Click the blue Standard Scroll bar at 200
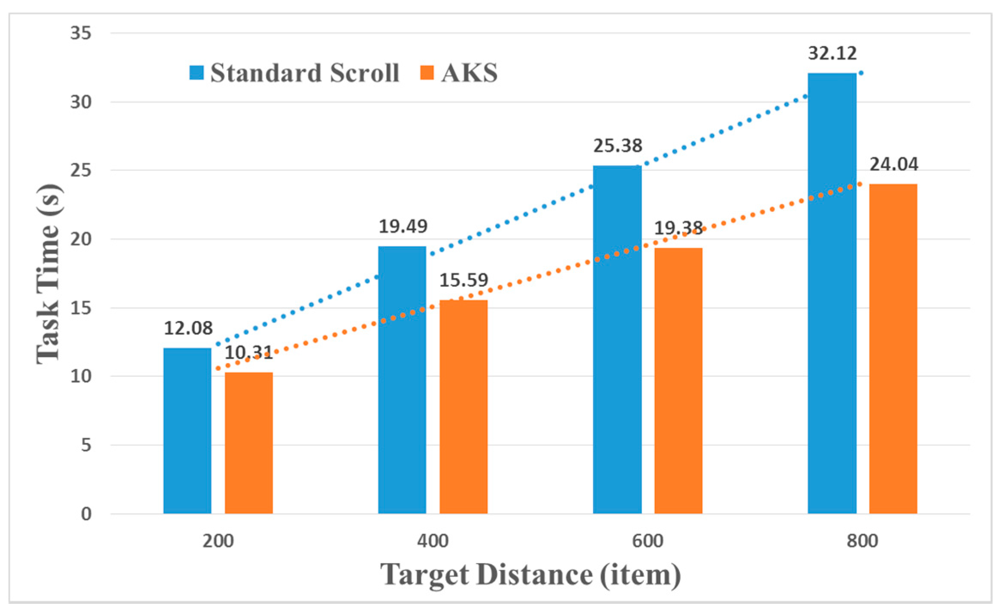click(x=188, y=430)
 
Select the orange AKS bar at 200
click(x=249, y=443)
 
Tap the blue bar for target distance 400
click(x=402, y=380)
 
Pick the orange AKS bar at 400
click(x=463, y=406)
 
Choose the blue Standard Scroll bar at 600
click(x=617, y=339)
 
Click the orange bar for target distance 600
click(x=678, y=381)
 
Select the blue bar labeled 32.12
click(x=832, y=293)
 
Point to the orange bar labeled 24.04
click(x=893, y=348)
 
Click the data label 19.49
click(x=403, y=227)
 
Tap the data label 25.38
click(x=618, y=146)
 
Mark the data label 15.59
click(x=464, y=280)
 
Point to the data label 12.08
click(x=188, y=328)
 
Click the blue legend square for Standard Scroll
click(x=197, y=73)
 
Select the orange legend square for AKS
click(x=427, y=73)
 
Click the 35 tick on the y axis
click(x=81, y=33)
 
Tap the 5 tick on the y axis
click(x=86, y=445)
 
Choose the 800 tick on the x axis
click(x=863, y=541)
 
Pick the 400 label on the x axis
click(x=433, y=541)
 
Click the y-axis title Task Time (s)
click(x=48, y=274)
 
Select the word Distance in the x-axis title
click(x=535, y=575)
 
